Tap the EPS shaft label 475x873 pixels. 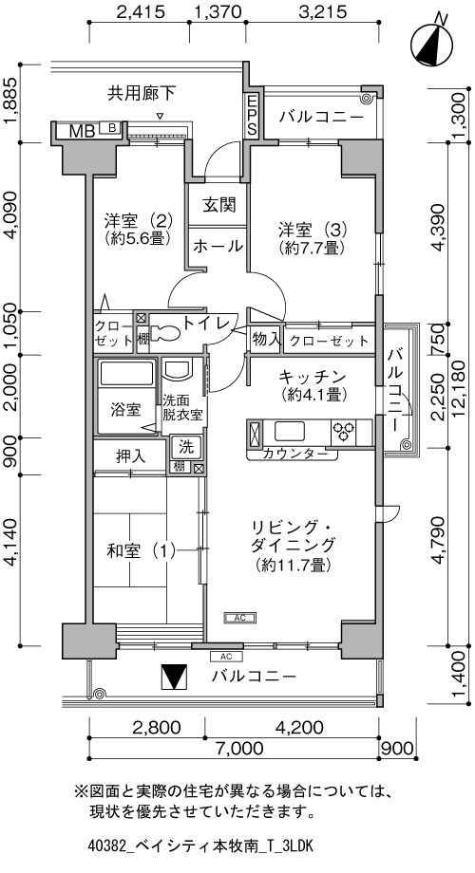[253, 116]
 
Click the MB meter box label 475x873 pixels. [82, 131]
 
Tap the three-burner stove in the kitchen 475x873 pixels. [344, 431]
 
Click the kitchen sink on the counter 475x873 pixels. [290, 432]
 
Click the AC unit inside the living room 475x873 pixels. [239, 617]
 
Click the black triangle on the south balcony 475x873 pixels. [173, 677]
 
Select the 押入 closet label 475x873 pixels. [130, 456]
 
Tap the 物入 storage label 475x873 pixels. [265, 338]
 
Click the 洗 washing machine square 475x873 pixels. [187, 446]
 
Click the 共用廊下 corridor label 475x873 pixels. [142, 94]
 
